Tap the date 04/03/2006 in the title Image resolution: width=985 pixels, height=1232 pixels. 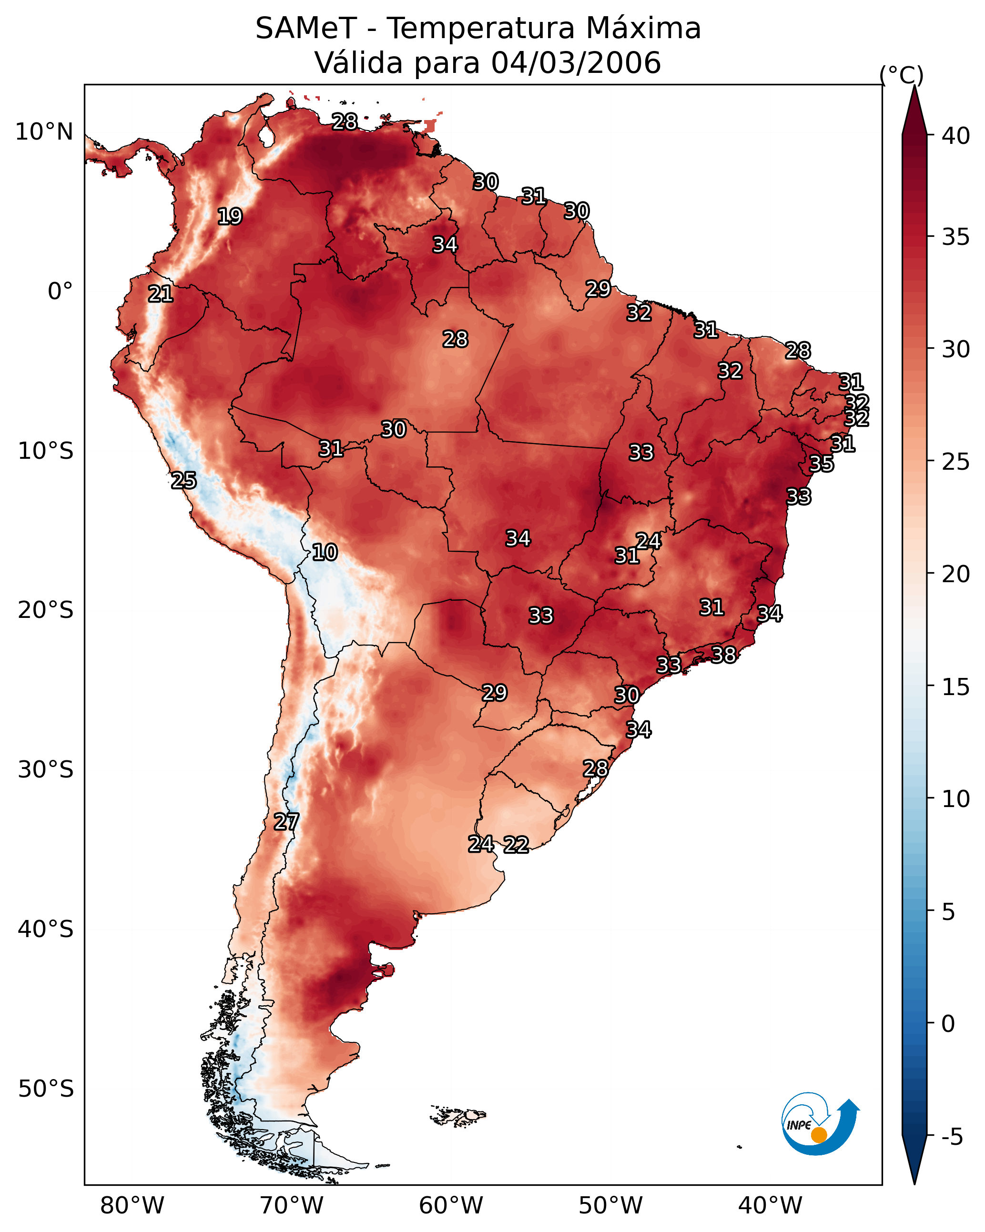click(576, 63)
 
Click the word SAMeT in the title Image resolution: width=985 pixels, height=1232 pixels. click(306, 28)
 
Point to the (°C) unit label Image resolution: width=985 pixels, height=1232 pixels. click(902, 75)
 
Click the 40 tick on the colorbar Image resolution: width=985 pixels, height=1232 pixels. click(956, 136)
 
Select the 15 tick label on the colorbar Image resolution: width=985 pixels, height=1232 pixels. click(956, 687)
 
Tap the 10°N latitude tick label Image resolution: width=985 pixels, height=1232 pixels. click(44, 132)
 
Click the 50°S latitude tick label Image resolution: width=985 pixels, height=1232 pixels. click(46, 1089)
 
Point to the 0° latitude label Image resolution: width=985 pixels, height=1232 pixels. click(61, 292)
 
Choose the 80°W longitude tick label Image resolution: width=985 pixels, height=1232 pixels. click(132, 1205)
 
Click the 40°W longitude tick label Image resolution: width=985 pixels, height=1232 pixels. click(771, 1205)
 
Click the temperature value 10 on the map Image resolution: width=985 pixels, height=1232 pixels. click(325, 552)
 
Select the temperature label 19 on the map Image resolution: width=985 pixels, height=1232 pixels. click(230, 217)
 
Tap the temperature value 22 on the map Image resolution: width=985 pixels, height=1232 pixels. click(516, 845)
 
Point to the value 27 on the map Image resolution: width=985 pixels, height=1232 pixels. click(286, 822)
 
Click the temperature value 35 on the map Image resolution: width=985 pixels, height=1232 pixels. click(822, 464)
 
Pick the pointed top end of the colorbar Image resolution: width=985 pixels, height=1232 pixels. click(914, 86)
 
